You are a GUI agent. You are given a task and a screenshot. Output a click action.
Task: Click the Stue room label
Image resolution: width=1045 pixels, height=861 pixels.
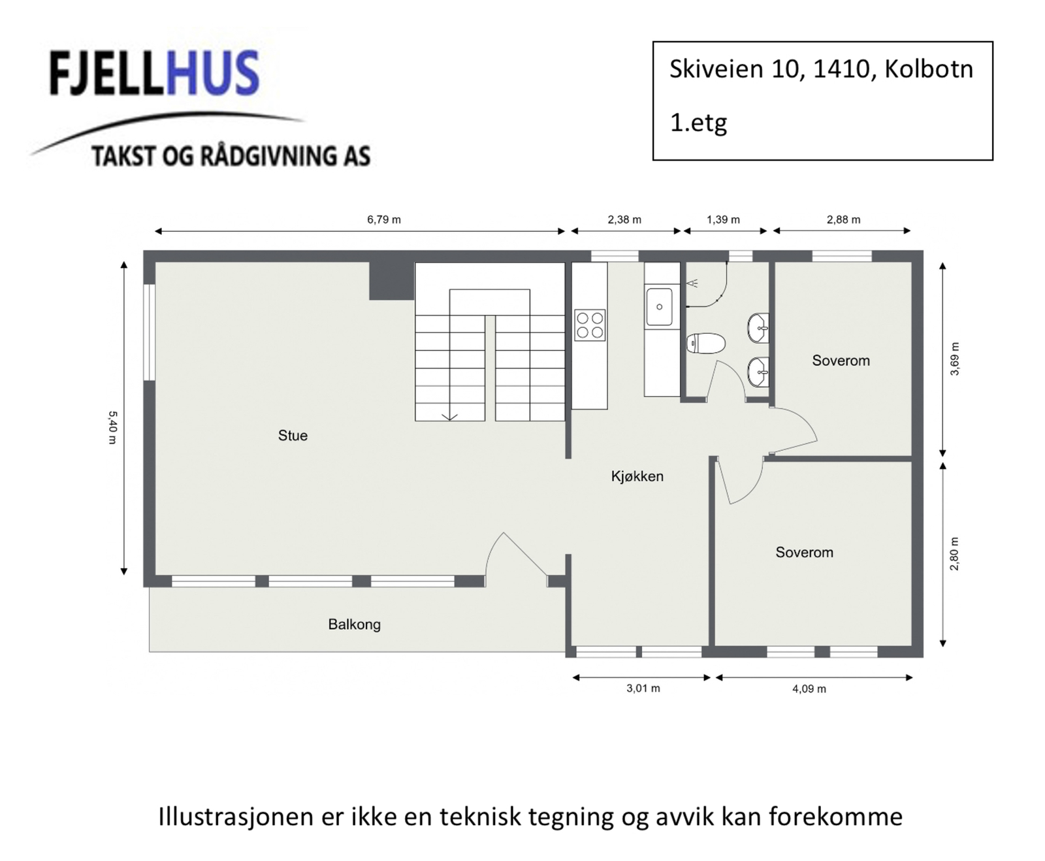pyautogui.click(x=293, y=436)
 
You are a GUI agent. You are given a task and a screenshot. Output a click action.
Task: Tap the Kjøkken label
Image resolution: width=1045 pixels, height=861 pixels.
pyautogui.click(x=637, y=476)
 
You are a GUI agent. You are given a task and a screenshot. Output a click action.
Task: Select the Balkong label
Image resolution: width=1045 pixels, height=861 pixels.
pyautogui.click(x=354, y=625)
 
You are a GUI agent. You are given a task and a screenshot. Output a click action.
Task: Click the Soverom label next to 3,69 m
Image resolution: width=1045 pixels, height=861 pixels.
pyautogui.click(x=841, y=361)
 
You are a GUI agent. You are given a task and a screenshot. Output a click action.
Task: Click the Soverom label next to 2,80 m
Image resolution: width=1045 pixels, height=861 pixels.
pyautogui.click(x=804, y=553)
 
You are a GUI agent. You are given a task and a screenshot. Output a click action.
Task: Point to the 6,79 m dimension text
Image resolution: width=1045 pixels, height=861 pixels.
pyautogui.click(x=384, y=219)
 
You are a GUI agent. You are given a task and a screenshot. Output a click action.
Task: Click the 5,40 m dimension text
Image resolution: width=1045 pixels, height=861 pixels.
pyautogui.click(x=112, y=427)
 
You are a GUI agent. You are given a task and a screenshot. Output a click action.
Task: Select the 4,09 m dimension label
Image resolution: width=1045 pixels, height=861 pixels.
pyautogui.click(x=809, y=689)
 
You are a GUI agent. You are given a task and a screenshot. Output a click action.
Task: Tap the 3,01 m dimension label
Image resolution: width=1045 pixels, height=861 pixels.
pyautogui.click(x=643, y=689)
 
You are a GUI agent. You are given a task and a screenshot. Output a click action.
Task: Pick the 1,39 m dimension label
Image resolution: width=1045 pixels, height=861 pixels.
pyautogui.click(x=723, y=219)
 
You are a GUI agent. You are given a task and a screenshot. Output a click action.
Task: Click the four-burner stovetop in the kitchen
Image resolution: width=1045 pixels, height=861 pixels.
pyautogui.click(x=590, y=325)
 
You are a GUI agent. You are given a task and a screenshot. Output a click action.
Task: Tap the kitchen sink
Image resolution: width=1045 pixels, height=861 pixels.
pyautogui.click(x=659, y=306)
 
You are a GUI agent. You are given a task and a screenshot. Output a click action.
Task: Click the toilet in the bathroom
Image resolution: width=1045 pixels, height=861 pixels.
pyautogui.click(x=705, y=344)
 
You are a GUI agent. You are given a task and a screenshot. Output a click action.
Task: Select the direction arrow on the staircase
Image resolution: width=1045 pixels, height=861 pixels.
pyautogui.click(x=450, y=415)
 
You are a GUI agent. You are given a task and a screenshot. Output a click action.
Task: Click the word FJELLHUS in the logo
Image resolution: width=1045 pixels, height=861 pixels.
pyautogui.click(x=154, y=74)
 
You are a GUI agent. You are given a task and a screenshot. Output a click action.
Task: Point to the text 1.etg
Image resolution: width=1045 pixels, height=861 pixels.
pyautogui.click(x=698, y=122)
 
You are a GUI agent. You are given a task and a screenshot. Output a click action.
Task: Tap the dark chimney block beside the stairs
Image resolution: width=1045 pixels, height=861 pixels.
pyautogui.click(x=391, y=281)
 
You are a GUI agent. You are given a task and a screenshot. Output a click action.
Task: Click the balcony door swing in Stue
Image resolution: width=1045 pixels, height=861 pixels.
pyautogui.click(x=516, y=555)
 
